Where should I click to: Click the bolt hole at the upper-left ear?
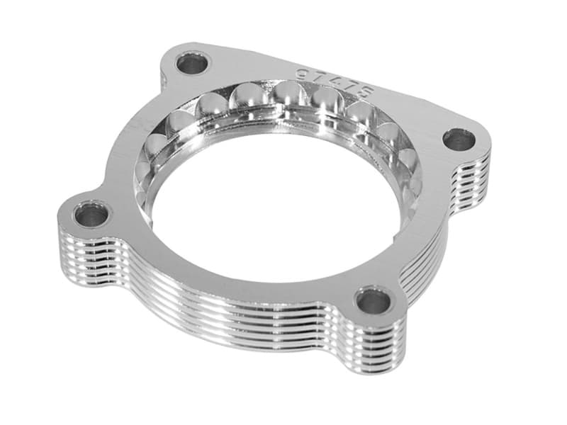pyautogui.click(x=192, y=64)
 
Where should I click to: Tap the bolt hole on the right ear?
pyautogui.click(x=459, y=140)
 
